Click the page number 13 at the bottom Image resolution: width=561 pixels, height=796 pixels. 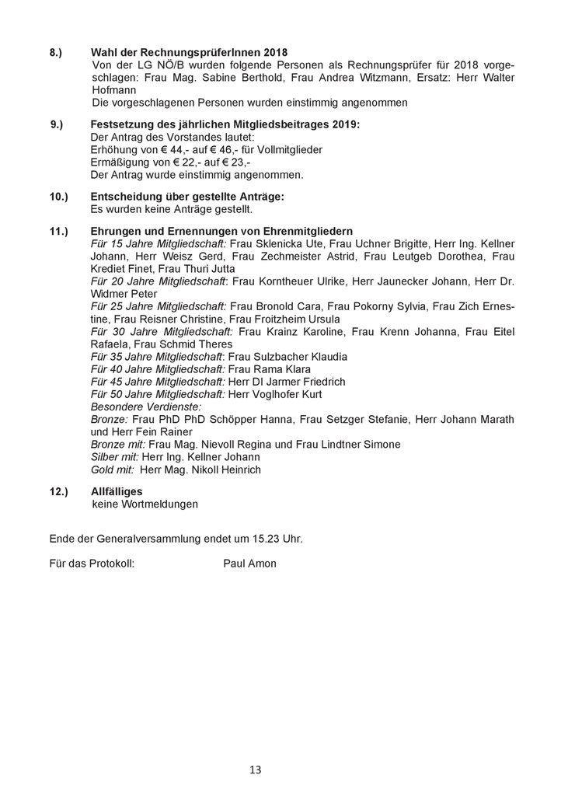(x=256, y=770)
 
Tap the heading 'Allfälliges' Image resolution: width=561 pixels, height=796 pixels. (x=117, y=491)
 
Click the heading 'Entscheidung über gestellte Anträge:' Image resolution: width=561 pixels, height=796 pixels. (x=187, y=197)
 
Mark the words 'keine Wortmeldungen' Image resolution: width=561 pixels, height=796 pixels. (x=145, y=504)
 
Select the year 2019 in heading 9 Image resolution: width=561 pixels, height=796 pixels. (x=347, y=124)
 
